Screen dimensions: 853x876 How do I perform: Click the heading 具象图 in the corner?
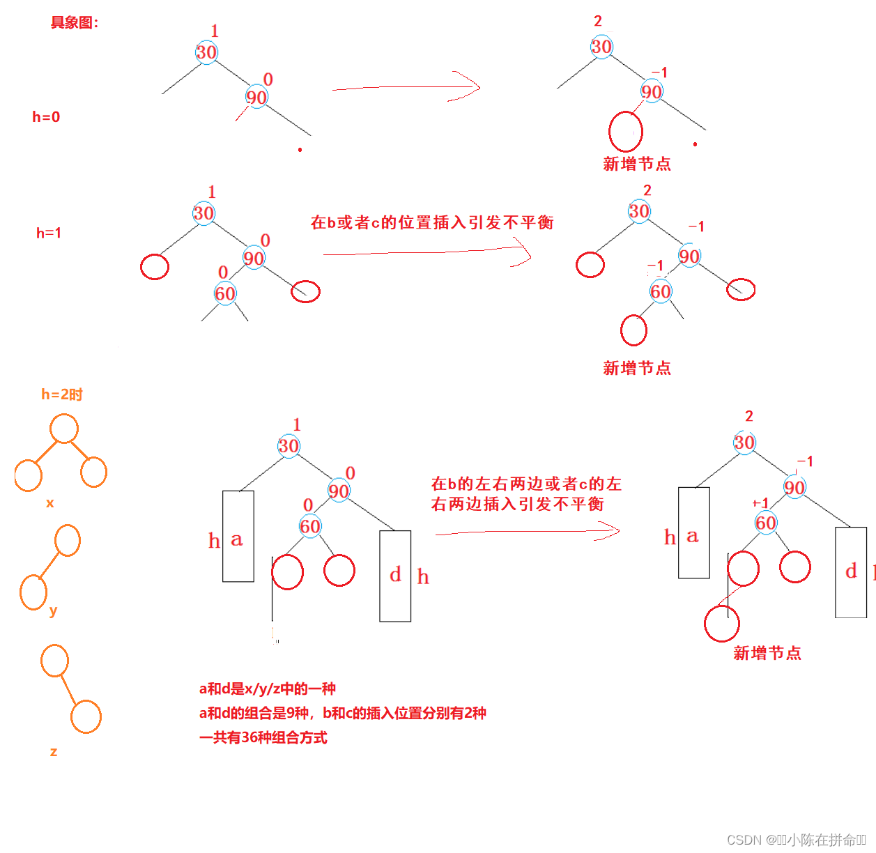tap(74, 22)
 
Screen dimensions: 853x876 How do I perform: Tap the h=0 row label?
tap(46, 117)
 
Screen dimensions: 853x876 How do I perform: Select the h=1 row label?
tap(49, 233)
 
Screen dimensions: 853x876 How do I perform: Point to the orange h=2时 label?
tap(62, 394)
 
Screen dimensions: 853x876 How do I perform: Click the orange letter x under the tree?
tap(49, 503)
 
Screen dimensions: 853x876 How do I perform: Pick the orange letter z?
tap(54, 752)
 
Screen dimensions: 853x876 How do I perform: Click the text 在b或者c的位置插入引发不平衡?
tap(432, 222)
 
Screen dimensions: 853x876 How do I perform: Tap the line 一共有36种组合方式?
tap(263, 737)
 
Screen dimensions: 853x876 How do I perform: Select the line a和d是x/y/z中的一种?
tap(268, 689)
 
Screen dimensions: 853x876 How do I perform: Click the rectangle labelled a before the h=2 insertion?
tap(238, 536)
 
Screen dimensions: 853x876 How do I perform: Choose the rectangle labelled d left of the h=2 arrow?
tap(395, 576)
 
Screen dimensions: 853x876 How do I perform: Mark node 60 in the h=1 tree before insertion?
tap(225, 293)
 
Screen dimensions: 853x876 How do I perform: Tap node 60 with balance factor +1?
tap(765, 523)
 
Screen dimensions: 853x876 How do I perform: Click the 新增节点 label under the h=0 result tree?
tap(637, 164)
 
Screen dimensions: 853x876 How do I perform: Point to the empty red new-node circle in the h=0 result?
tap(625, 131)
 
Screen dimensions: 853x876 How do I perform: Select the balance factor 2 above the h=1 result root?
tap(647, 190)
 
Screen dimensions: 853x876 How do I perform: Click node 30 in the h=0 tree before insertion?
tap(206, 52)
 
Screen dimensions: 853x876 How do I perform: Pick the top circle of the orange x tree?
tap(64, 429)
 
